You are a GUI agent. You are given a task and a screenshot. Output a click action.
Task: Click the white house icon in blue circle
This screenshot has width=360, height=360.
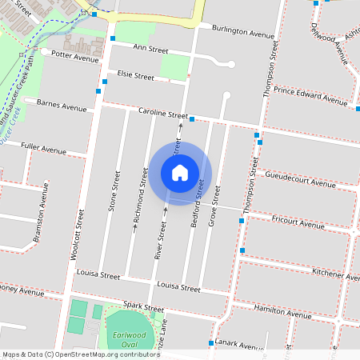tap(180, 172)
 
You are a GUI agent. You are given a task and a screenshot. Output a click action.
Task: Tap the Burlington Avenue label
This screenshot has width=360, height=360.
tap(243, 32)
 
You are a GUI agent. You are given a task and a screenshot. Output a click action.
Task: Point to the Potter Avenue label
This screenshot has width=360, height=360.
tap(74, 55)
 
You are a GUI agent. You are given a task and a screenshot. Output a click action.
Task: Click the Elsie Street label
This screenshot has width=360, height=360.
tap(135, 76)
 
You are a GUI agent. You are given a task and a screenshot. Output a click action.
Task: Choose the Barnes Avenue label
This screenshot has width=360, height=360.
tap(62, 105)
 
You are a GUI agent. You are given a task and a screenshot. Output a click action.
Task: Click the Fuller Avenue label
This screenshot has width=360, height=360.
tap(44, 149)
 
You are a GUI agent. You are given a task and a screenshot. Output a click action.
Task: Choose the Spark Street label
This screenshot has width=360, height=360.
tap(143, 308)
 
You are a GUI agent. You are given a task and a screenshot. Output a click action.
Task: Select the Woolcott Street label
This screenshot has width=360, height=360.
tap(78, 233)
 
